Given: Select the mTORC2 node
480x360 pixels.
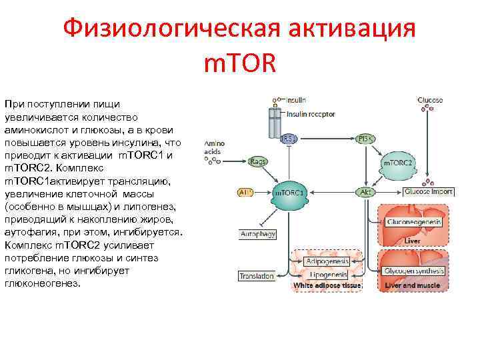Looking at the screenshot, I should pos(398,162).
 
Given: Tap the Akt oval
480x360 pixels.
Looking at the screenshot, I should pos(365,192).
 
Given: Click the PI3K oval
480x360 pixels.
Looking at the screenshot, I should pos(365,139).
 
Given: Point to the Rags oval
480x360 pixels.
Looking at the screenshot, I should pos(257,161).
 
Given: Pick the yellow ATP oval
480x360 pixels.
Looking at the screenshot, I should pos(246,193).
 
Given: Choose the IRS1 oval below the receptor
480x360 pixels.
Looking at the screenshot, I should pos(289,139).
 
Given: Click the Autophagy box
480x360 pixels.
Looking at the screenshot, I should pos(257,235).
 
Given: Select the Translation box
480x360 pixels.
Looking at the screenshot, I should pos(257,275).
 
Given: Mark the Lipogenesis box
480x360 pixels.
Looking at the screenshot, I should pos(328,275).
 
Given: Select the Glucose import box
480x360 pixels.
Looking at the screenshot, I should pos(428,192).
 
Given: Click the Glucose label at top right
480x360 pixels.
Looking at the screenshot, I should pos(430,101).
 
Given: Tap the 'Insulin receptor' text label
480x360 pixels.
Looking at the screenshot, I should pos(310,114).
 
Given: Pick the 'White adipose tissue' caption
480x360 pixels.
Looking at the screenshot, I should pos(327,285).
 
